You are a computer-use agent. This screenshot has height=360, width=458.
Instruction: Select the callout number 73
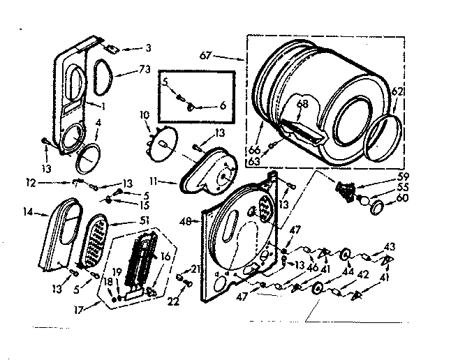[x=145, y=70]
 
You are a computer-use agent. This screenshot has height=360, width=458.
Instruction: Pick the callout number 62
[x=397, y=91]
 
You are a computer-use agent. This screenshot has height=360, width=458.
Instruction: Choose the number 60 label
[x=402, y=198]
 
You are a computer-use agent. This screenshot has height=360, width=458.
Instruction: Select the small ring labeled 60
[x=378, y=206]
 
